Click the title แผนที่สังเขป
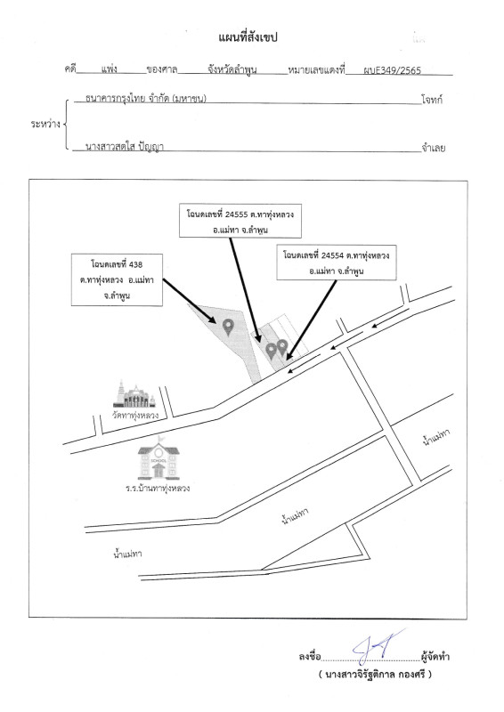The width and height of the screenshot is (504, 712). click(248, 37)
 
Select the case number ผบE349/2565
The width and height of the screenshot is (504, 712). click(392, 70)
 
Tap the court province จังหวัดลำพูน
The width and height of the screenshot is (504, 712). click(232, 69)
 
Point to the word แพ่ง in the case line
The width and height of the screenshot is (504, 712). click(109, 69)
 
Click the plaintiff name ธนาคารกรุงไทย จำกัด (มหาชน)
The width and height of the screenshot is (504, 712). click(146, 99)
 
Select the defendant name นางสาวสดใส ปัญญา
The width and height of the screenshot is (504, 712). click(125, 146)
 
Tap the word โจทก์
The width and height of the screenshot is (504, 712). click(432, 100)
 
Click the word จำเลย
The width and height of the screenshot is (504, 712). click(433, 148)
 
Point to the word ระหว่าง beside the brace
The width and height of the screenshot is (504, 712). click(45, 124)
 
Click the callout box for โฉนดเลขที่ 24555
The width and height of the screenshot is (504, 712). click(240, 221)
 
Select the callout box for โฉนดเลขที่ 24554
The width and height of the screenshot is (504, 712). click(337, 263)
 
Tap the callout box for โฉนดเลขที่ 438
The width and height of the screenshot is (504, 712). click(117, 279)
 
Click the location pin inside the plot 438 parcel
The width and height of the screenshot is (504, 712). click(228, 327)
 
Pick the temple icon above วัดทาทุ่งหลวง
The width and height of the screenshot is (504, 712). click(134, 394)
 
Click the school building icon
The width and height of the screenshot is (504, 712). click(159, 458)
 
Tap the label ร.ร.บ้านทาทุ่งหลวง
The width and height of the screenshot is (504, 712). click(158, 489)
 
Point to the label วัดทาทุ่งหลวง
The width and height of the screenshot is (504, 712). click(135, 415)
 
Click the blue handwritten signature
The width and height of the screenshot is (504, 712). click(378, 647)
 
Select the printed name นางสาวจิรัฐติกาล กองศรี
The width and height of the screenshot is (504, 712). click(375, 675)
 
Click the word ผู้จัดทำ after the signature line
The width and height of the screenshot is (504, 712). click(435, 656)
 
